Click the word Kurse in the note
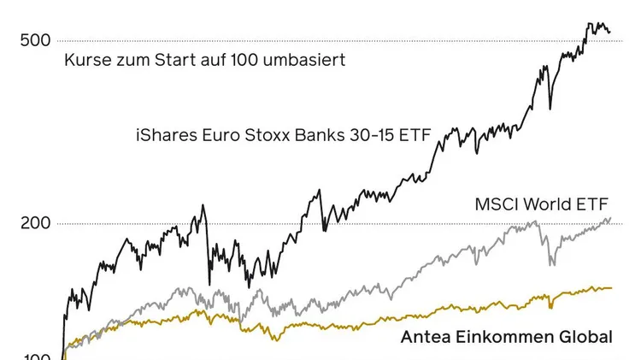[84, 61]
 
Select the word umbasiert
[307, 61]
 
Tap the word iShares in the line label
[163, 134]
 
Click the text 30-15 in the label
[377, 134]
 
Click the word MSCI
[495, 205]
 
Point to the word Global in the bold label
[586, 337]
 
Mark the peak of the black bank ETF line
[589, 24]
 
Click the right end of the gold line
[611, 287]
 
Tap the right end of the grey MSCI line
[610, 218]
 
